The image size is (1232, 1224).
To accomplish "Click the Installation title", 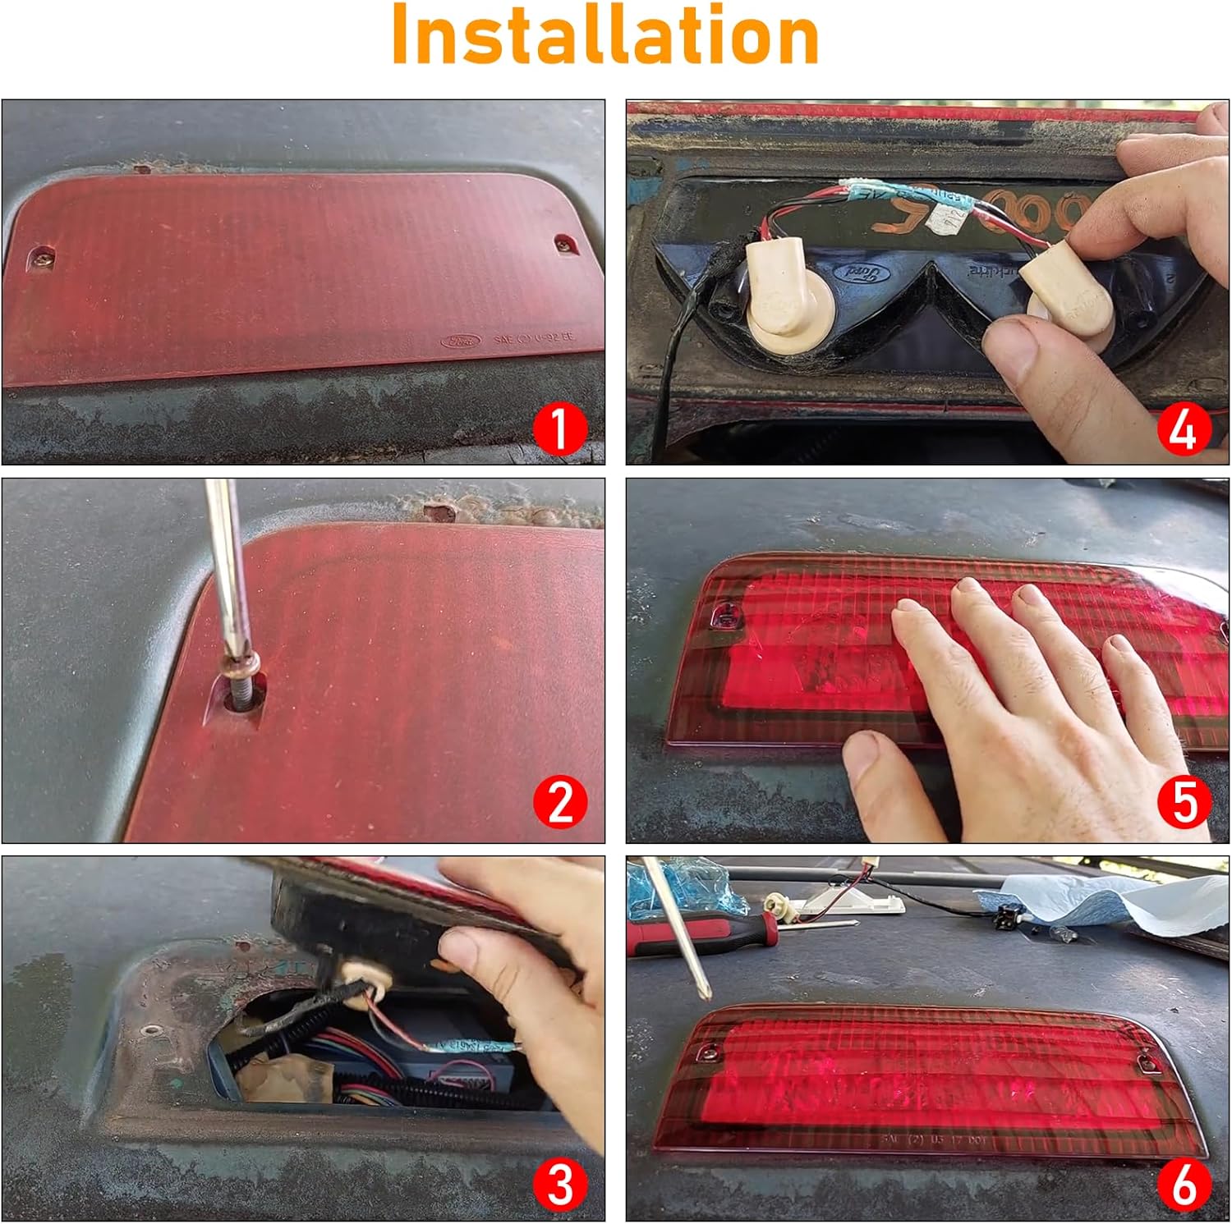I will (x=605, y=34).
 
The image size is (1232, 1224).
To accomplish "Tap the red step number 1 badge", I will (x=559, y=429).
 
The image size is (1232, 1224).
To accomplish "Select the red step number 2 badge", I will (x=559, y=802).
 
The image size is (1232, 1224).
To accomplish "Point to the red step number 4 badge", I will (x=1184, y=429).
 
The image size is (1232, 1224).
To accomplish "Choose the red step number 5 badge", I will (x=1184, y=802).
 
